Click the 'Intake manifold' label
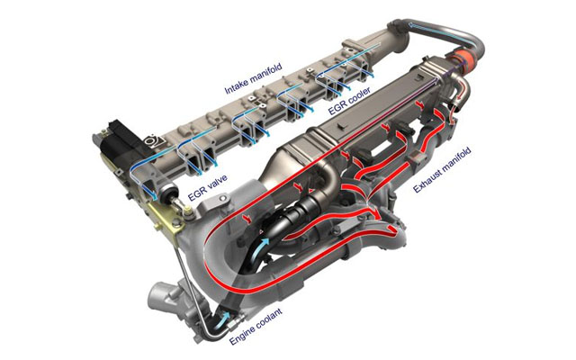point(253,78)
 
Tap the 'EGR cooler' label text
point(349,101)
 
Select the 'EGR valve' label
point(207,188)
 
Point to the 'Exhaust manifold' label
point(442,170)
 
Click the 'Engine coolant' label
point(256,327)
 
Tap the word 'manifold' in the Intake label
point(265,74)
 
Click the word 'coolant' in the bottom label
point(269,318)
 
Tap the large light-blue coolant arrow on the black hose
point(262,247)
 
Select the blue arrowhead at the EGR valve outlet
point(154,195)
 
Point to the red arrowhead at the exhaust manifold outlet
point(392,230)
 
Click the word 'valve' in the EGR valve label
point(215,184)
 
